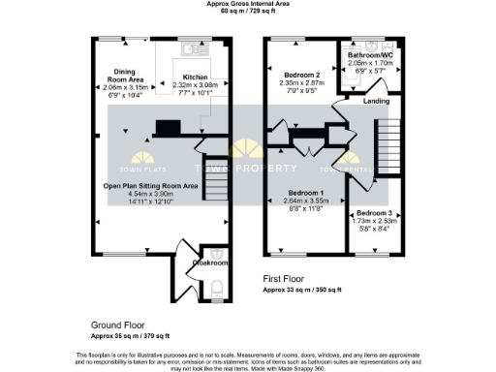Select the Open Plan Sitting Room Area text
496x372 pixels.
click(151, 185)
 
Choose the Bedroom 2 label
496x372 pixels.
click(302, 75)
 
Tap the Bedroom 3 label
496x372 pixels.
click(374, 213)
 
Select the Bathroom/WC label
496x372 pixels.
click(369, 56)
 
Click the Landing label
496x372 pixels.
click(376, 102)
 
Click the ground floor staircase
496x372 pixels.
click(216, 174)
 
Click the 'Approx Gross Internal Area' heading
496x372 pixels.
click(247, 4)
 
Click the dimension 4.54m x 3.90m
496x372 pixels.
click(151, 193)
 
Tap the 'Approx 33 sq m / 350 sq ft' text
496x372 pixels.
click(310, 289)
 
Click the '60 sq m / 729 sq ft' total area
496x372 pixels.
click(247, 12)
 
